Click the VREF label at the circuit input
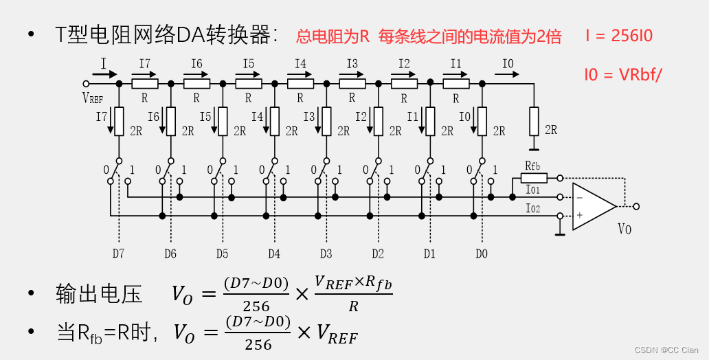[93, 98]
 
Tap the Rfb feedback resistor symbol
[533, 177]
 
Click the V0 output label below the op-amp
[624, 229]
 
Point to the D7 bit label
[118, 254]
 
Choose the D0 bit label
[481, 254]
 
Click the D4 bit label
[273, 254]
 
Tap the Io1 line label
[532, 189]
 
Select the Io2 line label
[532, 208]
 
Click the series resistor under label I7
[144, 84]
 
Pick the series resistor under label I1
[455, 84]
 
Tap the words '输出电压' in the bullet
[99, 294]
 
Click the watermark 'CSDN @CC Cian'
[666, 350]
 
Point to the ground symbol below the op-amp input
[561, 234]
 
